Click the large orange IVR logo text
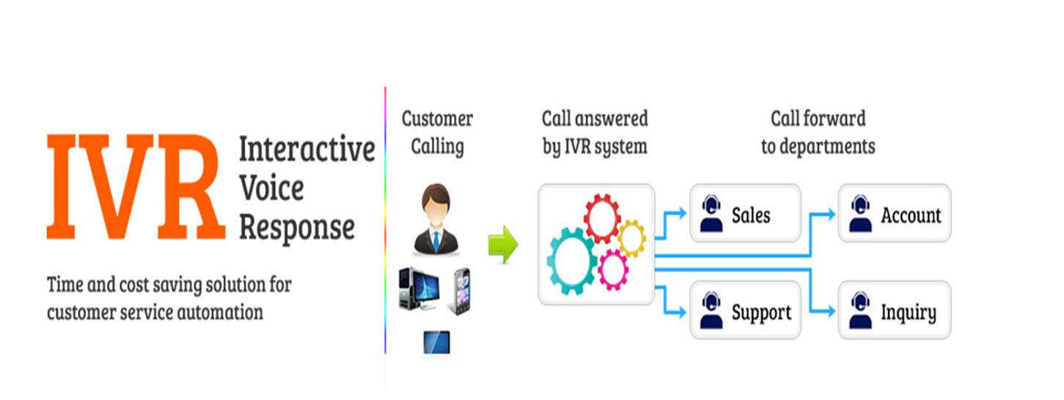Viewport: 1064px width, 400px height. point(136,188)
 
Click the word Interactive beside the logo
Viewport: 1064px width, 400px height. point(307,149)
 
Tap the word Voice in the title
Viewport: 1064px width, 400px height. point(271,189)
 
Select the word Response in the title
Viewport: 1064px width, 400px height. point(296,227)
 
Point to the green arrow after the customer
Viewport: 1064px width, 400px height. point(503,244)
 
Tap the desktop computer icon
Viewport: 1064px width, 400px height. point(419,290)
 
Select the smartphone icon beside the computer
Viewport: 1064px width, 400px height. point(461,291)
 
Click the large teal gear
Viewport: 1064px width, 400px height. point(572,261)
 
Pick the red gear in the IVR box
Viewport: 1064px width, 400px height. point(602,218)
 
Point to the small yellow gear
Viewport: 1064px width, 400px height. point(631,238)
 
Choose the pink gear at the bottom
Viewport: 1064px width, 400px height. point(613,270)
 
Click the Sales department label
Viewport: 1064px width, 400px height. point(751,215)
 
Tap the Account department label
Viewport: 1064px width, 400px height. point(911,215)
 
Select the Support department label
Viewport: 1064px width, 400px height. point(761,313)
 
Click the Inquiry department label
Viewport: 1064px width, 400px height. point(908,313)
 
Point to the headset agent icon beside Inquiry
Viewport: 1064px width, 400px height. point(860,311)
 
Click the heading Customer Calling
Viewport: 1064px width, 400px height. point(437,133)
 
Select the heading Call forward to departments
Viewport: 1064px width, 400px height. point(818,133)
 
